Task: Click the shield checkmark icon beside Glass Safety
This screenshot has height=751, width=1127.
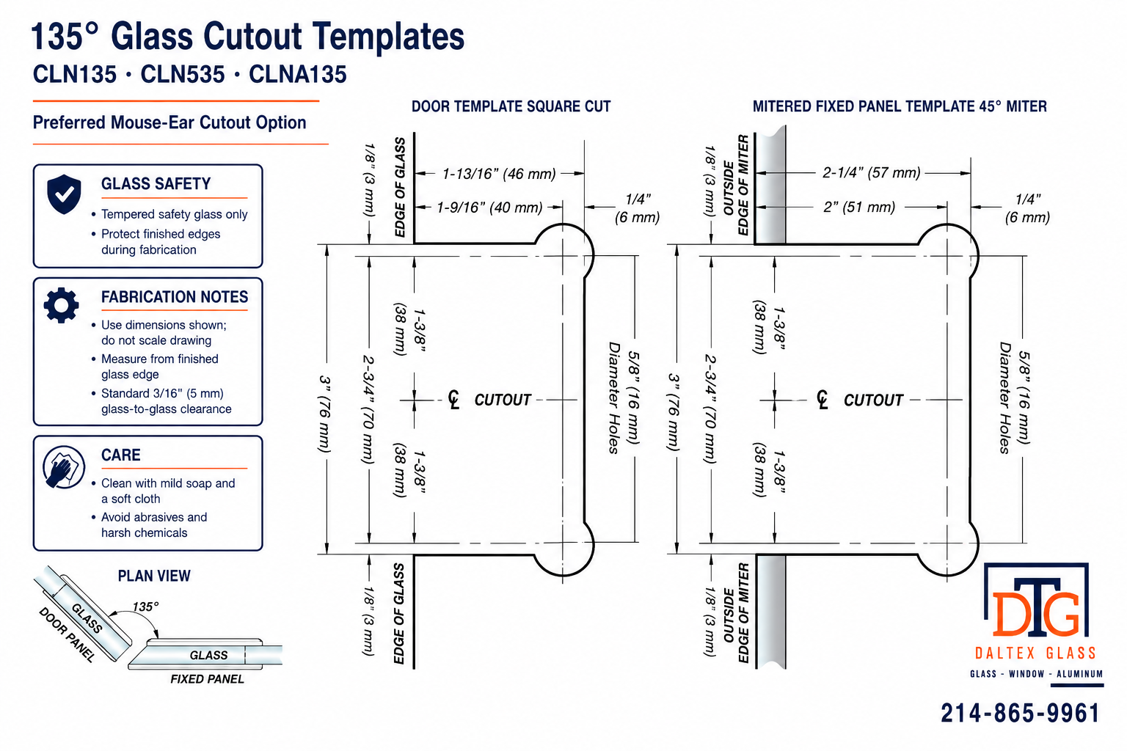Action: pos(64,194)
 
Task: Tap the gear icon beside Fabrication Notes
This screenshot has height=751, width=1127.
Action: pos(62,305)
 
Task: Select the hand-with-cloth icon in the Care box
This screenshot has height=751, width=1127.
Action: pos(63,467)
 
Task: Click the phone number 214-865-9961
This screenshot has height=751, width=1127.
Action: pos(1020,714)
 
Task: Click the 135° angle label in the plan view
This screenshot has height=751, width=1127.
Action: pos(145,607)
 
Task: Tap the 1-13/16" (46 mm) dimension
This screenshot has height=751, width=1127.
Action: pos(499,174)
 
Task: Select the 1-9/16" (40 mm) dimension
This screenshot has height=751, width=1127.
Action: pos(489,208)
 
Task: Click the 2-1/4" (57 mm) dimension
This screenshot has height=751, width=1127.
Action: pos(872,173)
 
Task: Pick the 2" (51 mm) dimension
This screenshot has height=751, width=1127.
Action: pos(859,207)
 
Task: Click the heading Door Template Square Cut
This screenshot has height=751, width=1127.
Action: pos(511,106)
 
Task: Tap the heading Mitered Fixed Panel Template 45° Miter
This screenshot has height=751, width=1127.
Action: pos(900,106)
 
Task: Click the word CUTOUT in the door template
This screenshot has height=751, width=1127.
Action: pos(503,400)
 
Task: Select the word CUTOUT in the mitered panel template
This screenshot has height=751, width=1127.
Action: pos(873,400)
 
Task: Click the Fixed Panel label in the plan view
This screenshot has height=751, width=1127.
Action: pos(208,679)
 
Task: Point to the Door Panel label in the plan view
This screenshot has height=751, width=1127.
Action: pos(67,635)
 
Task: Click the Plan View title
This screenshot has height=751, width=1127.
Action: pos(154,576)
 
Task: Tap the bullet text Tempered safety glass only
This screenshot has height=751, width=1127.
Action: pos(174,214)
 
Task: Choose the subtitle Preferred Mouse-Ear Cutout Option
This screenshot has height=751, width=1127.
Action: pos(169,122)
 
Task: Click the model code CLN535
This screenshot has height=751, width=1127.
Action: pos(183,75)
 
